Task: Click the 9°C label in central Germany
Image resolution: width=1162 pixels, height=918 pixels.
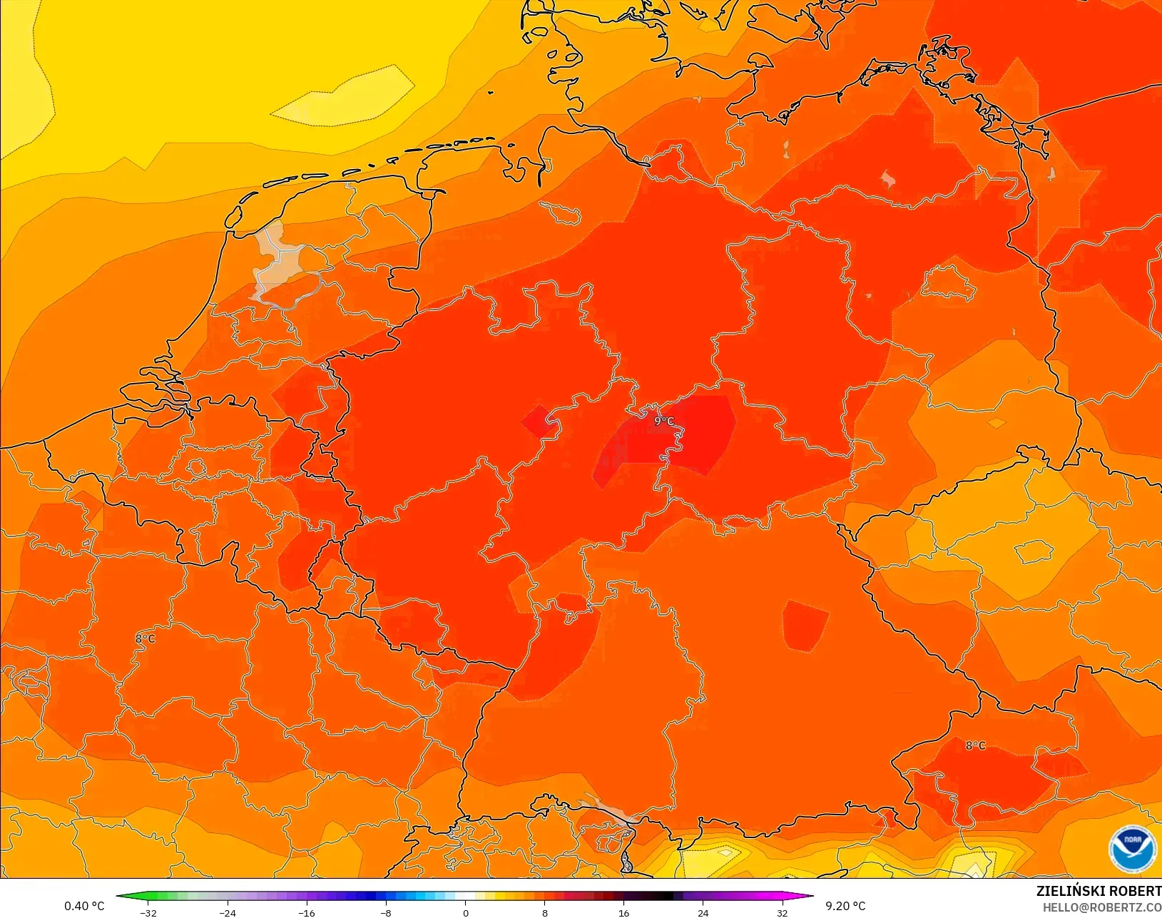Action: pyautogui.click(x=663, y=422)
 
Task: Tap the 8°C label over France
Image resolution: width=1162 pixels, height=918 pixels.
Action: pyautogui.click(x=146, y=638)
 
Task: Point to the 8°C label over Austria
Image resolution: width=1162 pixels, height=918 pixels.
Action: pyautogui.click(x=975, y=745)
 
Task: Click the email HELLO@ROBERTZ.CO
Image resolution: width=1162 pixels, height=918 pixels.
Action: pyautogui.click(x=1101, y=907)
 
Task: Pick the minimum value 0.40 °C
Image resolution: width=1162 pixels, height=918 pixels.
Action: pyautogui.click(x=84, y=906)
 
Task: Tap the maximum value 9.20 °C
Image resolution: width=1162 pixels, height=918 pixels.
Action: pyautogui.click(x=845, y=906)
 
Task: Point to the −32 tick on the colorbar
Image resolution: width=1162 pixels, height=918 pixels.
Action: pyautogui.click(x=148, y=913)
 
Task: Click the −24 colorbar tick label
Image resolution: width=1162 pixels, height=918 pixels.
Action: pyautogui.click(x=228, y=913)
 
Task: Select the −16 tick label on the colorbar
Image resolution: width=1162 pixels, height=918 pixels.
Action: pyautogui.click(x=307, y=913)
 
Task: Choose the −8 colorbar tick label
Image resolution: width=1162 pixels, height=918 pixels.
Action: pyautogui.click(x=386, y=913)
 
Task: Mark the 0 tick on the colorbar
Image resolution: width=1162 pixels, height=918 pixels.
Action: pyautogui.click(x=465, y=913)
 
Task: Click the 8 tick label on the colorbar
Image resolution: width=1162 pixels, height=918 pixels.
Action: pyautogui.click(x=545, y=913)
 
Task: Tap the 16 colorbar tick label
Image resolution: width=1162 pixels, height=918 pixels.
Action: pyautogui.click(x=624, y=913)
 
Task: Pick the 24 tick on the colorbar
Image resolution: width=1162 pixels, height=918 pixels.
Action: pyautogui.click(x=703, y=913)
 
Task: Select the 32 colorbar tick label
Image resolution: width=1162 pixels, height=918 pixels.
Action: pyautogui.click(x=783, y=913)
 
